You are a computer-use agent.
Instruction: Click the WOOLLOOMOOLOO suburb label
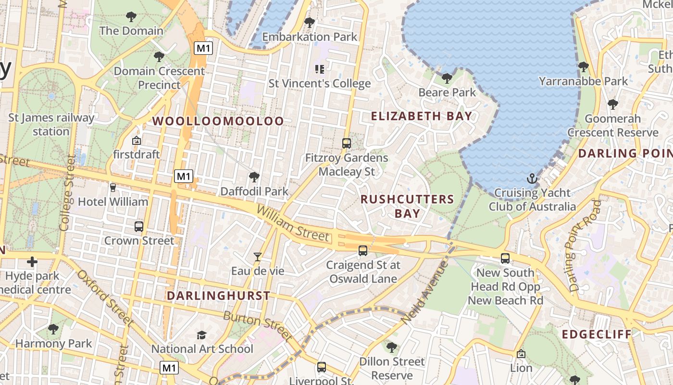[x=218, y=121]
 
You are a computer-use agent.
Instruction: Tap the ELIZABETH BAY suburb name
[x=422, y=116]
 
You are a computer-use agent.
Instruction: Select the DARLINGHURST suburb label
[x=218, y=295]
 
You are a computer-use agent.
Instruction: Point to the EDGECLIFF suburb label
[x=596, y=334]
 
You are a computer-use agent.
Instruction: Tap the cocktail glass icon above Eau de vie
[x=258, y=257]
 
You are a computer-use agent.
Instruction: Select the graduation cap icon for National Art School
[x=202, y=335]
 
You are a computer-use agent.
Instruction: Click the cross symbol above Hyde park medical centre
[x=32, y=262]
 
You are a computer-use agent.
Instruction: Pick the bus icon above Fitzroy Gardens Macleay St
[x=346, y=143]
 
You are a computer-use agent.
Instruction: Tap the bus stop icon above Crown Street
[x=139, y=226]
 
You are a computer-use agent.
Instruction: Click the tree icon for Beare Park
[x=447, y=78]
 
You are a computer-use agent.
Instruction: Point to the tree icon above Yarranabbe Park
[x=583, y=67]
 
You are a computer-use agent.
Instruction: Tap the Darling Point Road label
[x=584, y=246]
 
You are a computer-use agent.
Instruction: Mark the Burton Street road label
[x=258, y=325]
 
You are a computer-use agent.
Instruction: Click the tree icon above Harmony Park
[x=53, y=329]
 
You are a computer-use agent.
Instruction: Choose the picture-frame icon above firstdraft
[x=136, y=141]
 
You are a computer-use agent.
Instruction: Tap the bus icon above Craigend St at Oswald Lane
[x=363, y=250]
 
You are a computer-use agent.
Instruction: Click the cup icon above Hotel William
[x=113, y=187]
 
